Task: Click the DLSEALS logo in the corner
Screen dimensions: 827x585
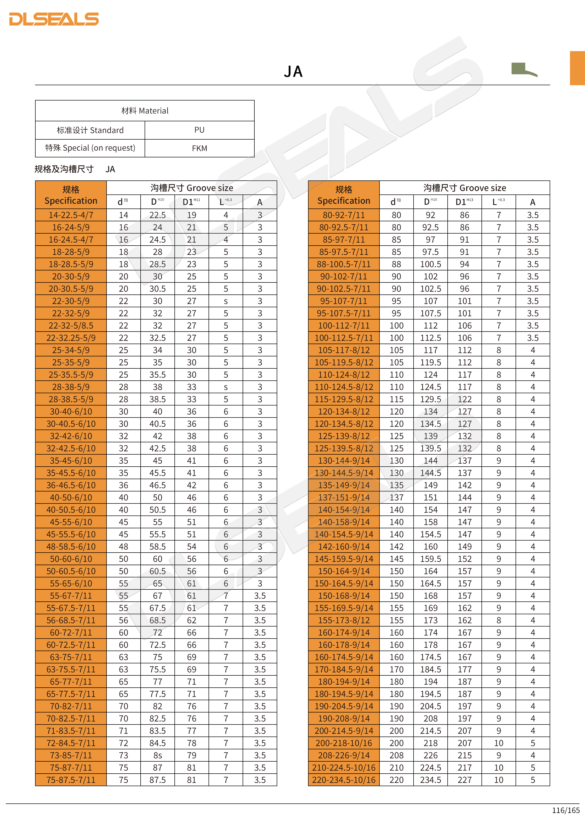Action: click(54, 19)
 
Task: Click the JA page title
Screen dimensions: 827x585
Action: click(293, 72)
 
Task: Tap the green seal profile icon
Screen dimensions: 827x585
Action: click(524, 69)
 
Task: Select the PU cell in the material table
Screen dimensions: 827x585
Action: click(199, 130)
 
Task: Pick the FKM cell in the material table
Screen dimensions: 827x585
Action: click(199, 148)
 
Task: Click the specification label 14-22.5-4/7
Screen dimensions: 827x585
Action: click(71, 215)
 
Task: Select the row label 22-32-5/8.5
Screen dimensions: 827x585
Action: click(71, 326)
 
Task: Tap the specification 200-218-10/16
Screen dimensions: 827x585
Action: click(344, 743)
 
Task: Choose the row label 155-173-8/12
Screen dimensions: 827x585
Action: click(344, 620)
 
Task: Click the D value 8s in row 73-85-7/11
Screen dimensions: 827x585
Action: click(157, 755)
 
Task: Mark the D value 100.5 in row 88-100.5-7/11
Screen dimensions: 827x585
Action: click(430, 264)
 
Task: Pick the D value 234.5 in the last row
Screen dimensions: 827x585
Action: click(430, 780)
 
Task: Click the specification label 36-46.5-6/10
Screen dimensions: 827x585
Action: click(71, 485)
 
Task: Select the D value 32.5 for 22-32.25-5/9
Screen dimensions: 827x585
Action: click(157, 338)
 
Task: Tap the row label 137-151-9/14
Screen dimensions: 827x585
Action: click(344, 497)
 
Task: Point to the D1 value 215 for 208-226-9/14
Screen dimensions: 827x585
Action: click(464, 755)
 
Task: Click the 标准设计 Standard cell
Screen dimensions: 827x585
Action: click(90, 130)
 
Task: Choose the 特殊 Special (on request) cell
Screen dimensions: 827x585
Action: click(90, 148)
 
